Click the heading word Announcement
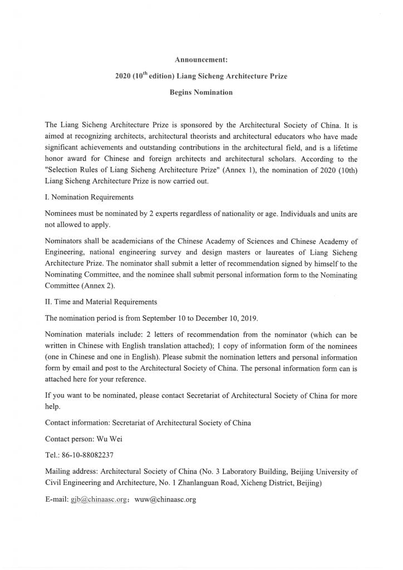(x=201, y=58)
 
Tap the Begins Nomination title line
(x=201, y=92)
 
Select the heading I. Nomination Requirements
(x=89, y=197)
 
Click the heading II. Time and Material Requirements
(x=101, y=302)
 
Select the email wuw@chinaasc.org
(x=165, y=499)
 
